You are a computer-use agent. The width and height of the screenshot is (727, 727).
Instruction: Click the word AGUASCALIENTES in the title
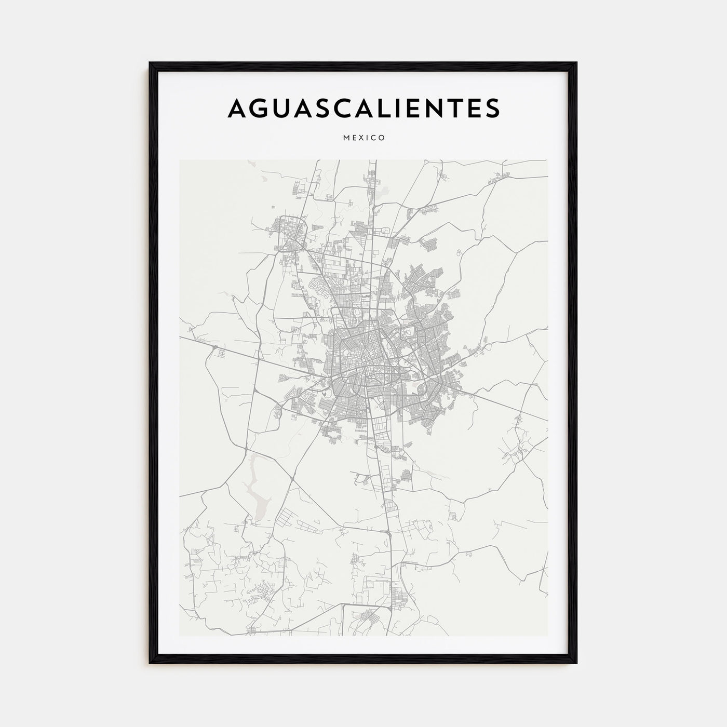tap(363, 107)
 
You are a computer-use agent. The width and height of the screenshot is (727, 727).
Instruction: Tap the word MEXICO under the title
tap(363, 138)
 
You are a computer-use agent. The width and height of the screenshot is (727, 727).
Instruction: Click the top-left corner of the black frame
tap(150, 63)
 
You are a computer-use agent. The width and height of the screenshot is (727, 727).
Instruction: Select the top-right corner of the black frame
tap(576, 63)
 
